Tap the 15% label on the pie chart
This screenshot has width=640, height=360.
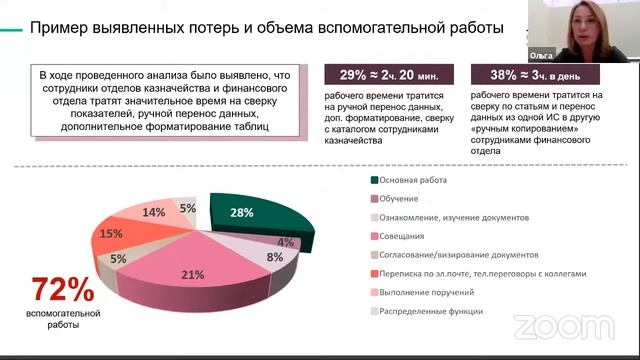tap(110, 234)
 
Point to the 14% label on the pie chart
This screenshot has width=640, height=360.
tap(153, 212)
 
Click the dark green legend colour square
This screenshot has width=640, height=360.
tap(374, 181)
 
